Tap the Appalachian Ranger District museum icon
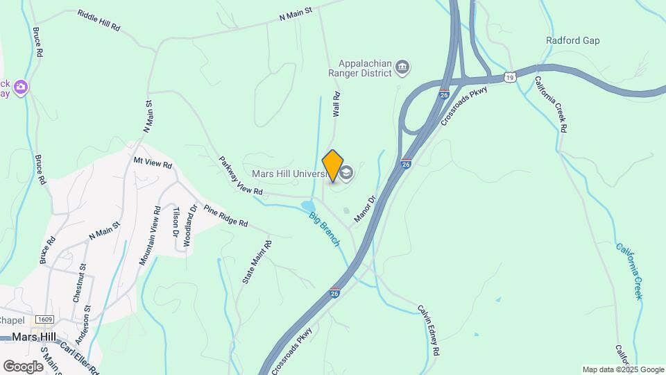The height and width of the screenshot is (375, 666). pyautogui.click(x=403, y=68)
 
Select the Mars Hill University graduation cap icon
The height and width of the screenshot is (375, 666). pyautogui.click(x=347, y=172)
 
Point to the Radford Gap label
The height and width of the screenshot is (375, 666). pyautogui.click(x=572, y=41)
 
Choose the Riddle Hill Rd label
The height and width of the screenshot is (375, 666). pyautogui.click(x=99, y=21)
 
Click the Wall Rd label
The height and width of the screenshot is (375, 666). pyautogui.click(x=336, y=105)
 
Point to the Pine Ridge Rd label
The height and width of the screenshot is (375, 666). pyautogui.click(x=225, y=217)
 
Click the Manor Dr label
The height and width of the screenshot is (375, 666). pyautogui.click(x=364, y=209)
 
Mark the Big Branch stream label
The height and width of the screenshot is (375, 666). pyautogui.click(x=324, y=228)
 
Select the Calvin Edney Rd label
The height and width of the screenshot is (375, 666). pyautogui.click(x=428, y=330)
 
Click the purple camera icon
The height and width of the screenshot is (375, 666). pyautogui.click(x=21, y=87)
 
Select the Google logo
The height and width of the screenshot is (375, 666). pyautogui.click(x=24, y=366)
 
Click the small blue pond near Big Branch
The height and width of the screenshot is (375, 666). pyautogui.click(x=306, y=206)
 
